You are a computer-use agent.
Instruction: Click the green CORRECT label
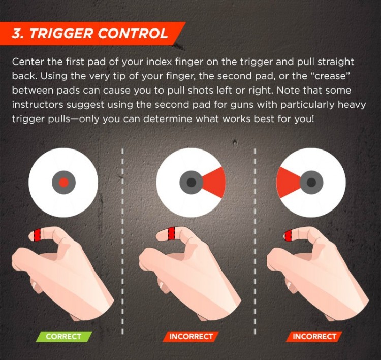pyautogui.click(x=63, y=336)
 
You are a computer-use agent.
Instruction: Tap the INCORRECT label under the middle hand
pyautogui.click(x=191, y=336)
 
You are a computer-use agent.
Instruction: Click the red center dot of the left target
pyautogui.click(x=63, y=182)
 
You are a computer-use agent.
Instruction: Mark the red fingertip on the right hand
pyautogui.click(x=288, y=235)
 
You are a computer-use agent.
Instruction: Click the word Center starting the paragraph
pyautogui.click(x=28, y=62)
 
